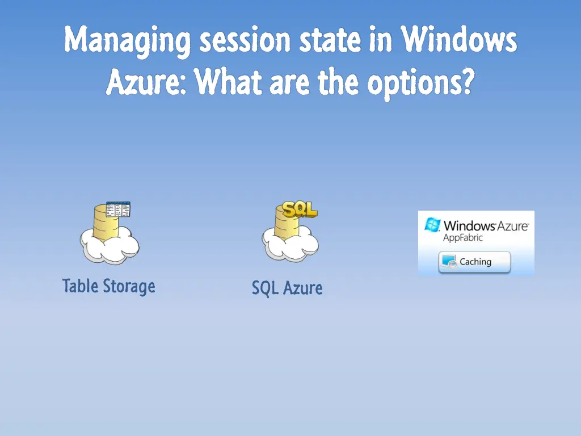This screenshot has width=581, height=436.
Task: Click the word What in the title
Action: pyautogui.click(x=228, y=84)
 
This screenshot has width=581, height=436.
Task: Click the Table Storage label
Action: pyautogui.click(x=108, y=286)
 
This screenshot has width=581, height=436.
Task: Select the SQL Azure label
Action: pyautogui.click(x=287, y=288)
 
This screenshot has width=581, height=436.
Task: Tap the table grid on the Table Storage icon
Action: pyautogui.click(x=118, y=209)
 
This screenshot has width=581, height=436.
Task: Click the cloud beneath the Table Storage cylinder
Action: pyautogui.click(x=110, y=246)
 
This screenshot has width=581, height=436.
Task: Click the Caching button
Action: pyautogui.click(x=474, y=262)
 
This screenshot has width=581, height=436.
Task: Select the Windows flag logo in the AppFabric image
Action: pyautogui.click(x=432, y=225)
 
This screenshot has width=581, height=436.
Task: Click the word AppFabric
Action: pyautogui.click(x=462, y=238)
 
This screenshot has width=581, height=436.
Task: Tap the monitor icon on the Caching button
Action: pyautogui.click(x=449, y=262)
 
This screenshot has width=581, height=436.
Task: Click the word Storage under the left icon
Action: pyautogui.click(x=128, y=286)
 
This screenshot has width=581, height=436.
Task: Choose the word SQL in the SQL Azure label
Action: pyautogui.click(x=265, y=288)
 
